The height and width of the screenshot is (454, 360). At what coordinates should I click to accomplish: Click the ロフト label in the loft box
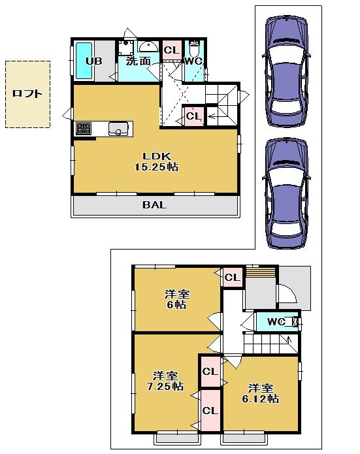27,93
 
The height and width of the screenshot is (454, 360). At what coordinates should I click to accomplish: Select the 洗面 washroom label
139,61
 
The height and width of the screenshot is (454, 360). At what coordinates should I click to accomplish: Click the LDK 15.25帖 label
157,161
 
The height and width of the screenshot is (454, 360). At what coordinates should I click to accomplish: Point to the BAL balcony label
155,204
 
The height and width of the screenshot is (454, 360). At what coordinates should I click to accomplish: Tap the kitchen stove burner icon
84,129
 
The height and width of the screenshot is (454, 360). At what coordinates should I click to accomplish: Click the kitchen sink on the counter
118,129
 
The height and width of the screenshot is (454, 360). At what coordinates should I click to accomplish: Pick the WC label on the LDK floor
193,61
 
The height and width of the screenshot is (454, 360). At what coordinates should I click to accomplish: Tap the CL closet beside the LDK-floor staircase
193,116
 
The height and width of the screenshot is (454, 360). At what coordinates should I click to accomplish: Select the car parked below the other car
286,194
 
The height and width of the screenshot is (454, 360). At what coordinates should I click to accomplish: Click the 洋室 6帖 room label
176,299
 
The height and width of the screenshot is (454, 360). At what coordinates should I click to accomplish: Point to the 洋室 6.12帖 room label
260,393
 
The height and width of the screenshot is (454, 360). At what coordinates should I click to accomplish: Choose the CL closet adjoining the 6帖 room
232,278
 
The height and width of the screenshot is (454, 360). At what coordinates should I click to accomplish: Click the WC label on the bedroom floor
276,321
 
